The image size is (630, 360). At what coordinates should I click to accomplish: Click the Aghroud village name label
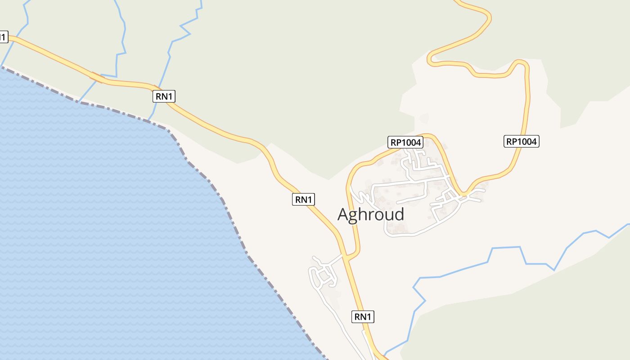coord(371,215)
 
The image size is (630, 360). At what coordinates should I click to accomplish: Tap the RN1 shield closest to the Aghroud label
coord(303,199)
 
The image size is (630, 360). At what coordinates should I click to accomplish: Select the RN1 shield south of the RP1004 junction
coord(362,317)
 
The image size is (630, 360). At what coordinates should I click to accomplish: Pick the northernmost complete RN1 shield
coord(164,96)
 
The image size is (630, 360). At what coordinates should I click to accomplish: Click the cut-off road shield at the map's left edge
coord(3,37)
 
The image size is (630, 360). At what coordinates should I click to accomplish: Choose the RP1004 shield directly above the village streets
coord(405,142)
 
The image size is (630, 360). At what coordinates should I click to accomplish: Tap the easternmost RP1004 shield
coord(521,142)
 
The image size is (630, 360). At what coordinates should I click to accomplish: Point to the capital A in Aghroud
coord(344,215)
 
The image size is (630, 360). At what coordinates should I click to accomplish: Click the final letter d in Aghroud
coord(398,214)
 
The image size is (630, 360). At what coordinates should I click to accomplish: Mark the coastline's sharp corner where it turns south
coord(169,130)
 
